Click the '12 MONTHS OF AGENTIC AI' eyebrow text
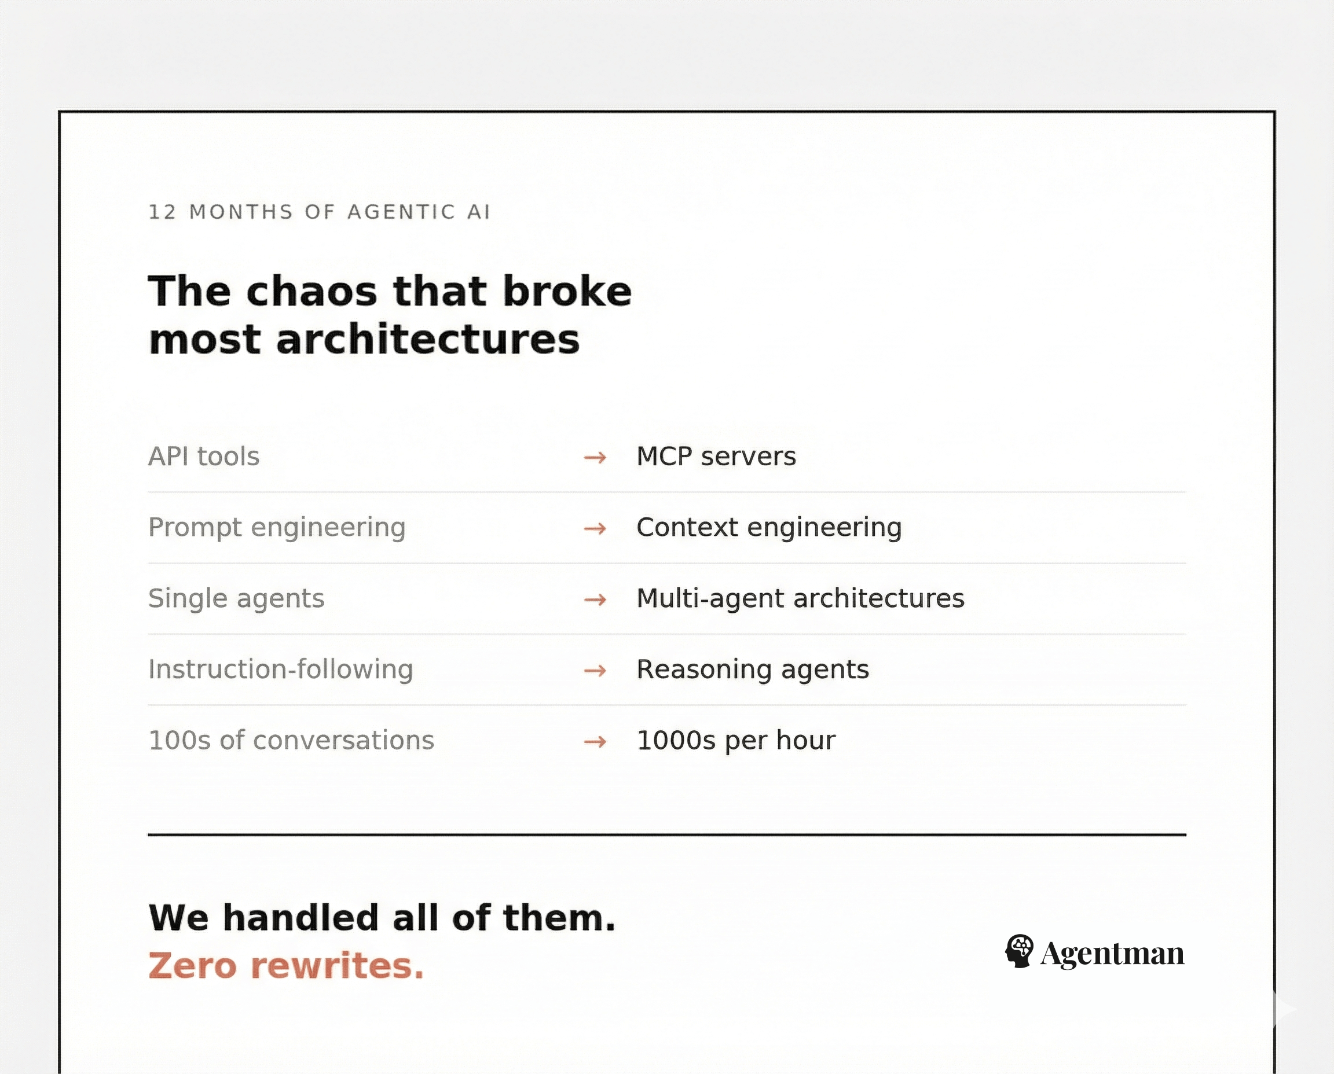point(319,212)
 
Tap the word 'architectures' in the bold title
point(427,340)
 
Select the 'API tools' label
point(204,457)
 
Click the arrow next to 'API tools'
point(595,458)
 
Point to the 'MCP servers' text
point(716,457)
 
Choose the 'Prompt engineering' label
point(277,528)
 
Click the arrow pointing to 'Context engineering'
point(595,529)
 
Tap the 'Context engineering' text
point(769,528)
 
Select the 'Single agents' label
point(236,599)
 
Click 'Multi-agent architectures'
point(800,599)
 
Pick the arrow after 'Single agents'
point(595,600)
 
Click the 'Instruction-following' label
point(280,670)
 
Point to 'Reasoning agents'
point(752,670)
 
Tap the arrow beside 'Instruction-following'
point(595,671)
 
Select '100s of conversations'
point(291,741)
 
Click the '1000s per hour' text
point(735,741)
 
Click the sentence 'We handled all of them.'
point(382,918)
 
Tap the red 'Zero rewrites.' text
point(286,966)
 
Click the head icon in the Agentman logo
point(1018,951)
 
